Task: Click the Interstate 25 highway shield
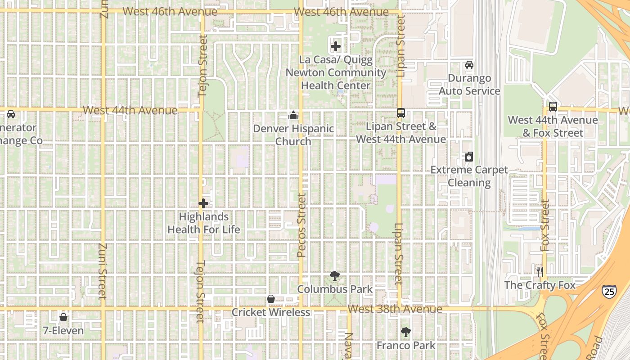pyautogui.click(x=609, y=291)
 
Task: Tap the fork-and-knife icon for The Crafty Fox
pyautogui.click(x=540, y=271)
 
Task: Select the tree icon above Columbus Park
pyautogui.click(x=334, y=275)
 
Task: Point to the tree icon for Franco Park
pyautogui.click(x=406, y=332)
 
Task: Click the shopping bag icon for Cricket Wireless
pyautogui.click(x=271, y=299)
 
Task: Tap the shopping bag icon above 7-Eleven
pyautogui.click(x=63, y=317)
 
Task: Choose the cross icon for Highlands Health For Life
pyautogui.click(x=203, y=203)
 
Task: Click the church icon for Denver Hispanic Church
pyautogui.click(x=293, y=116)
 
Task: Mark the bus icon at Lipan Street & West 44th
pyautogui.click(x=401, y=113)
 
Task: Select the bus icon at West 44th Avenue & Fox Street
pyautogui.click(x=553, y=107)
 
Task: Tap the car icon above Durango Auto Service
pyautogui.click(x=469, y=65)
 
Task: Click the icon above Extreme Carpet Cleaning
pyautogui.click(x=469, y=157)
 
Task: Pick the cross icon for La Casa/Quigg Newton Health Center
pyautogui.click(x=336, y=46)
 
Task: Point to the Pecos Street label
pyautogui.click(x=301, y=225)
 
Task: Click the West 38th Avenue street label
pyautogui.click(x=395, y=309)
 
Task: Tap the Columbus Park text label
pyautogui.click(x=335, y=289)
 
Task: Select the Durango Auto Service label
pyautogui.click(x=469, y=85)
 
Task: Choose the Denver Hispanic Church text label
pyautogui.click(x=293, y=135)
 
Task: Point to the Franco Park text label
pyautogui.click(x=406, y=345)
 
